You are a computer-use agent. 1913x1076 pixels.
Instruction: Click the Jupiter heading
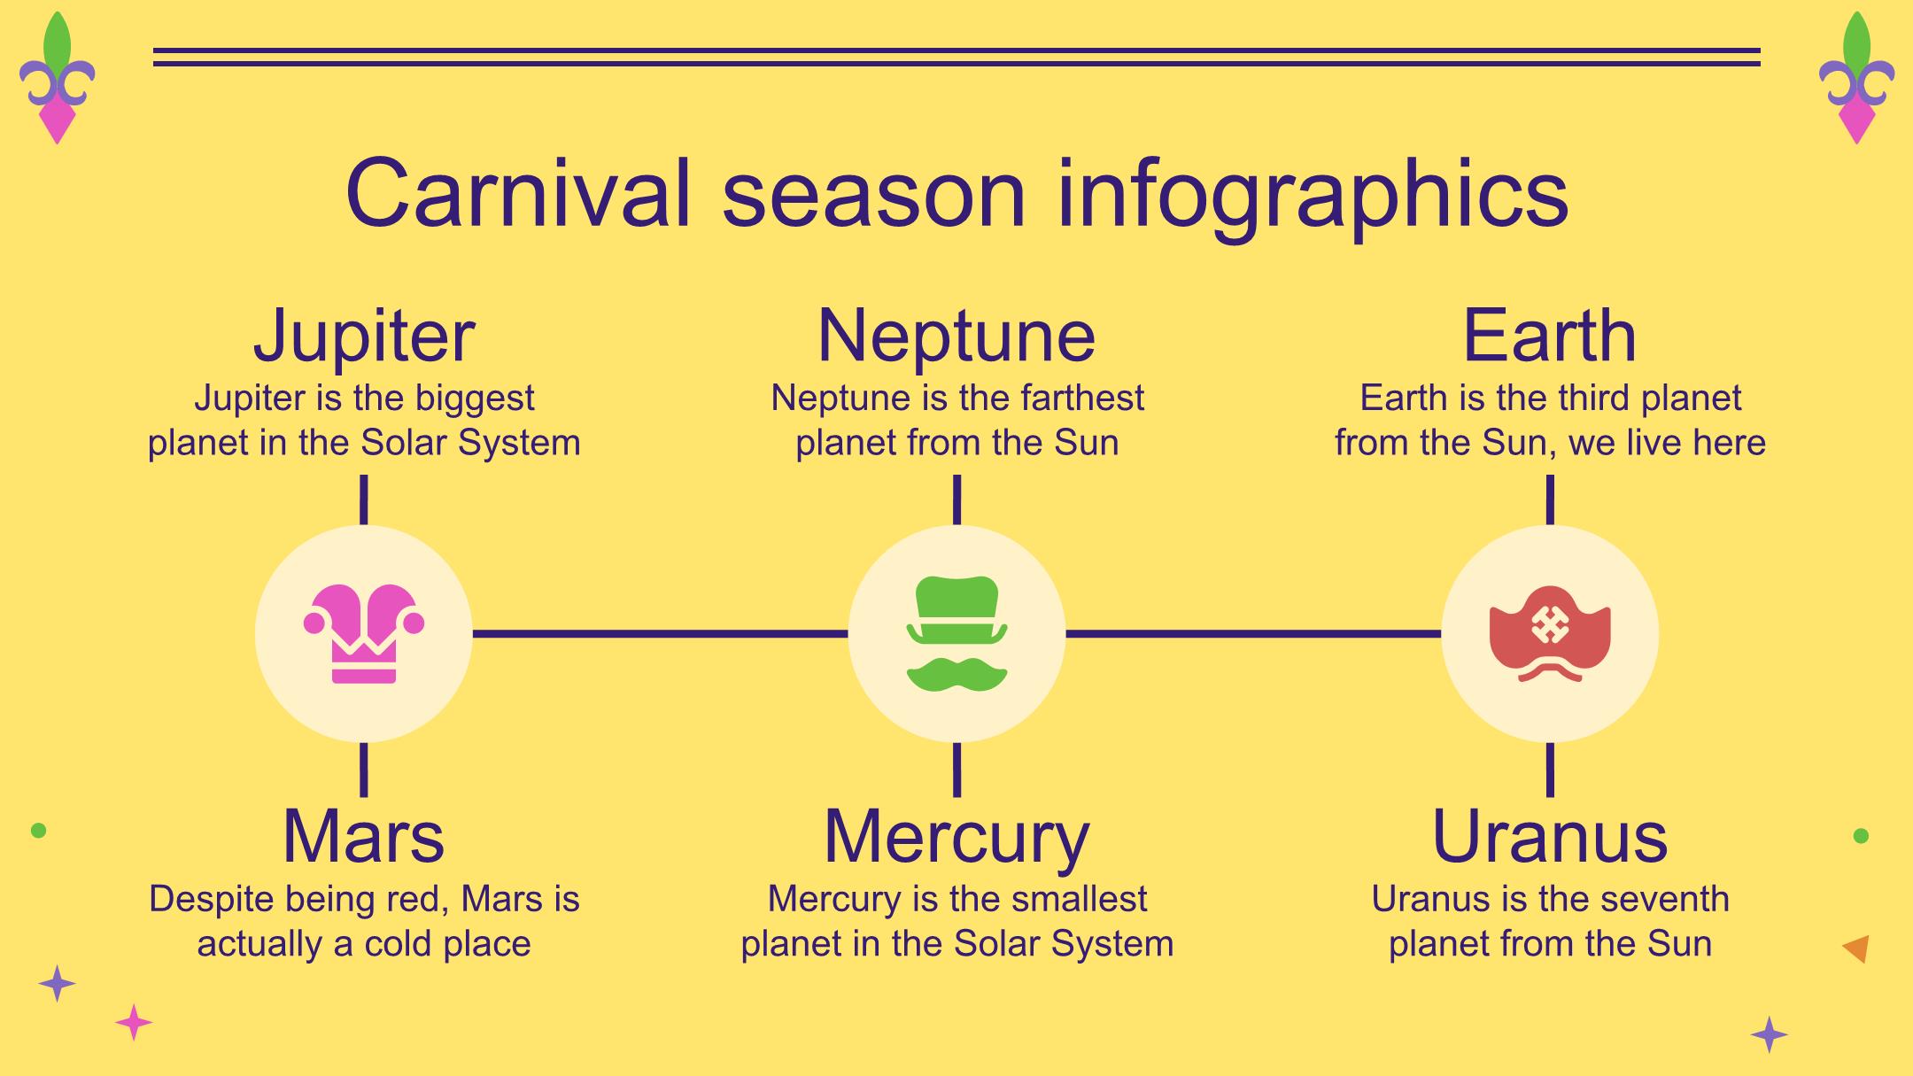(364, 337)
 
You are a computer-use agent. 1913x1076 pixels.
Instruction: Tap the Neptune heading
(956, 337)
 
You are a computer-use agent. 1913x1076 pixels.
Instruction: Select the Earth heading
(1550, 336)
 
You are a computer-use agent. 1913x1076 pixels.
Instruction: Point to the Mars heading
(363, 836)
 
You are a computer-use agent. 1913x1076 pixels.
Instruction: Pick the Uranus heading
(1550, 836)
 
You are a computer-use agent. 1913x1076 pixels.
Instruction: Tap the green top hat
(956, 610)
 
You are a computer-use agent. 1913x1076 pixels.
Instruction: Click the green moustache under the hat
(956, 674)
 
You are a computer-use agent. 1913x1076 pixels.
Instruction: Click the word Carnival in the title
(518, 193)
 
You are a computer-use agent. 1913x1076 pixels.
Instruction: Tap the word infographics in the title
(1313, 197)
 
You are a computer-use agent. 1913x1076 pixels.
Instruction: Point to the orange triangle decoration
(1857, 948)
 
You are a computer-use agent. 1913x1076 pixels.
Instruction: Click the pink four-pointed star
(134, 1023)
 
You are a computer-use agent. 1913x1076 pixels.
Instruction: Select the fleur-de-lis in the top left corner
(58, 78)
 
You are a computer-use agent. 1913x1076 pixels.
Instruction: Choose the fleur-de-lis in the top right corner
(1856, 78)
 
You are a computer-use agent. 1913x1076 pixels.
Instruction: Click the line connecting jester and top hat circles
(660, 633)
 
